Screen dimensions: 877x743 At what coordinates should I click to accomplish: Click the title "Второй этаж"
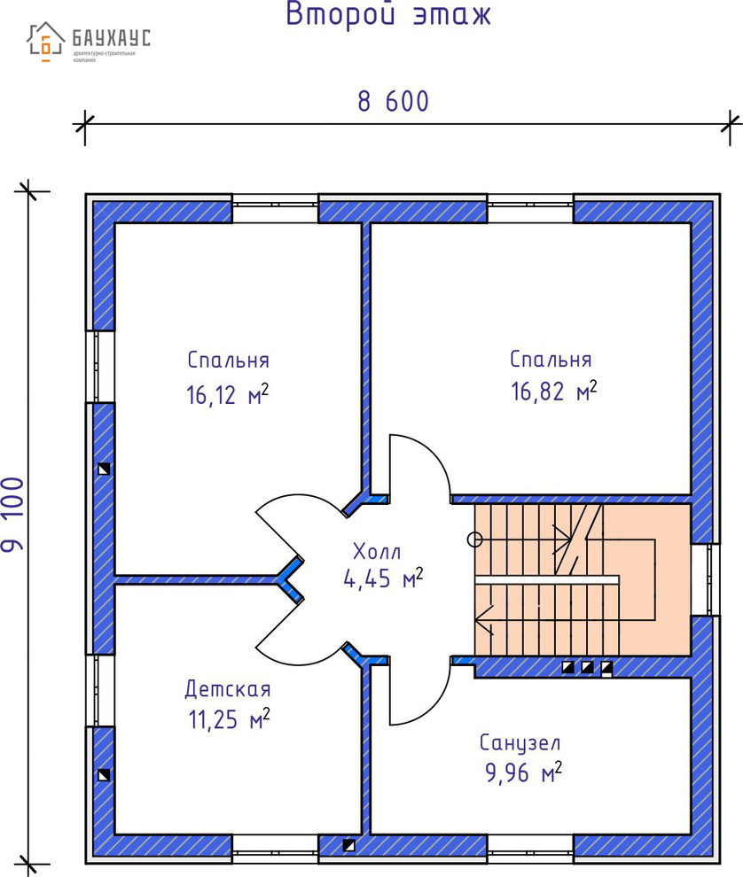coord(387,15)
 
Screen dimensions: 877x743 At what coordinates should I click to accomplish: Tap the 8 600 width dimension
coord(393,102)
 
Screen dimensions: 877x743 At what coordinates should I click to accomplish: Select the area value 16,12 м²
coord(227,394)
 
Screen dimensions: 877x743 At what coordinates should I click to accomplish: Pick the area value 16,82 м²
coord(553,391)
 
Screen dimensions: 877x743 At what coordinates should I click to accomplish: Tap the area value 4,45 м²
coord(383,579)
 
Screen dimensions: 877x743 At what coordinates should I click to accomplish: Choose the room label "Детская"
coord(228,689)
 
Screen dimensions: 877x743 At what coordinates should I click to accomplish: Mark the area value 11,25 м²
coord(228,719)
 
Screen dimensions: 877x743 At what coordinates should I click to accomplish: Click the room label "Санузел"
coord(520,742)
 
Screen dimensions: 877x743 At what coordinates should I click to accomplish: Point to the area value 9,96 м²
coord(523,774)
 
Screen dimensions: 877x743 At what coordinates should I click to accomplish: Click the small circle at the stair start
coord(474,538)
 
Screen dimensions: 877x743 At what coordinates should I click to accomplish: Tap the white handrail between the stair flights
coord(546,578)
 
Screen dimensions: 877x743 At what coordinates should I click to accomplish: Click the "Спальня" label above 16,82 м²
coord(551,360)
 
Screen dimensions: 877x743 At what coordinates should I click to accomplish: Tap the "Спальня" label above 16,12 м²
coord(228,361)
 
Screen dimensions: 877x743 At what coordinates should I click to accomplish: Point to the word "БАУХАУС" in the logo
coord(112,38)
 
